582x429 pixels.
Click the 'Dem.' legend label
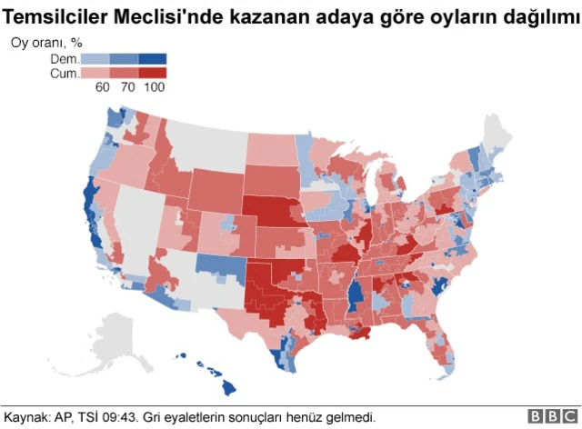coord(65,58)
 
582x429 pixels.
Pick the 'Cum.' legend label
coord(65,72)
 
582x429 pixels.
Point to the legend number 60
coord(103,87)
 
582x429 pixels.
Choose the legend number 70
coord(128,87)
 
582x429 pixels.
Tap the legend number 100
coord(155,87)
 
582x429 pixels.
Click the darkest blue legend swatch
coord(153,58)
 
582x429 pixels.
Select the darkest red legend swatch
coord(153,72)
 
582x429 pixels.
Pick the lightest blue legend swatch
coord(96,58)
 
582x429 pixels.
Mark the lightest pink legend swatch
coord(96,72)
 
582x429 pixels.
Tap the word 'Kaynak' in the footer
coord(25,417)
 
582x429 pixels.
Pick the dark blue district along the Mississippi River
coord(356,295)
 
